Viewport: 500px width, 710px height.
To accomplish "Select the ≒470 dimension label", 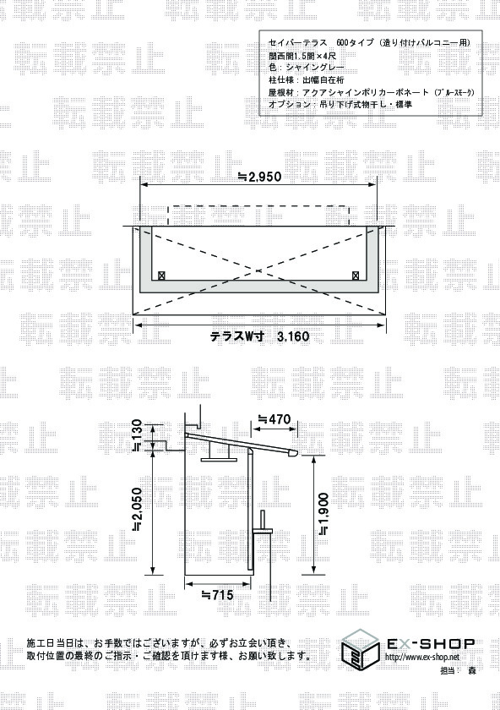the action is click(x=274, y=419).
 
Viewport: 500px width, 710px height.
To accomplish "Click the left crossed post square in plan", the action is click(x=161, y=275).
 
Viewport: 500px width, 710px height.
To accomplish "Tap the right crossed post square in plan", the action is click(x=356, y=275).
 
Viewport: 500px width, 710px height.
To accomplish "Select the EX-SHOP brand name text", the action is click(x=430, y=643).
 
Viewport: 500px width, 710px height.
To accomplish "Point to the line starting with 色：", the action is click(x=307, y=68).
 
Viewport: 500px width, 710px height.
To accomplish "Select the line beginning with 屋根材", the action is click(x=371, y=92).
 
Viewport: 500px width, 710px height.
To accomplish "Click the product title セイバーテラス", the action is click(x=297, y=43).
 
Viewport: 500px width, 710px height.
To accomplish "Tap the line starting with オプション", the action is click(x=340, y=104).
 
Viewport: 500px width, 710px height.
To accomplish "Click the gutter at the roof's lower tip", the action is click(x=293, y=453).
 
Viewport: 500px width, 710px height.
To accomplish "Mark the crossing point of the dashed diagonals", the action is click(x=258, y=270).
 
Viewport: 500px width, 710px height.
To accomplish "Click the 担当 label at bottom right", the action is click(x=447, y=670).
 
